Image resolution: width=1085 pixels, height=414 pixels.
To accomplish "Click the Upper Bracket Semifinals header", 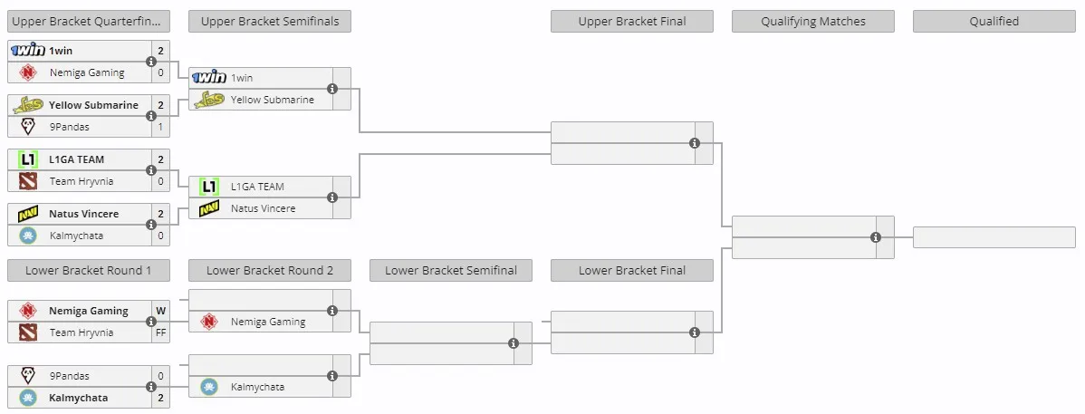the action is click(x=270, y=22).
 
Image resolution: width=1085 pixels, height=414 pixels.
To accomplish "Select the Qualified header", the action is click(x=994, y=22).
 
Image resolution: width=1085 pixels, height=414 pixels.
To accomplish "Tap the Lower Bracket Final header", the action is click(x=632, y=271).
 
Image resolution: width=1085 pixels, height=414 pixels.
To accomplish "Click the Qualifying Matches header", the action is click(x=813, y=22).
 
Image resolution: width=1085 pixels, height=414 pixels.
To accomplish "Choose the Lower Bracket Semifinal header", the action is click(x=450, y=271).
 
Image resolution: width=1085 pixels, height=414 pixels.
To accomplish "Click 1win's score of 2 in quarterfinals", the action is click(x=160, y=52).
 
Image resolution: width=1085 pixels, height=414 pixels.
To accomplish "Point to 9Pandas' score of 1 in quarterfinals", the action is click(x=160, y=128).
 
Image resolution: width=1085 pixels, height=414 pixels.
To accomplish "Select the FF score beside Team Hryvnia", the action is click(x=160, y=332).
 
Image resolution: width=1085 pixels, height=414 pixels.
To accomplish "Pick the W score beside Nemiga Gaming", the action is click(x=160, y=311).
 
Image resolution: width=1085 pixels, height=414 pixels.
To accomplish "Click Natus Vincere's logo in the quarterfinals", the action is click(x=28, y=215).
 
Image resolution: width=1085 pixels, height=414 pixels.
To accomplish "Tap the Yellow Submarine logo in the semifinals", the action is click(x=209, y=100).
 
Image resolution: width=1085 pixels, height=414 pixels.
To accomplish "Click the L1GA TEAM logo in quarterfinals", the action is click(x=28, y=160).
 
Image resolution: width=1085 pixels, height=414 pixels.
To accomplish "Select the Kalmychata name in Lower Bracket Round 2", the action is click(x=257, y=387).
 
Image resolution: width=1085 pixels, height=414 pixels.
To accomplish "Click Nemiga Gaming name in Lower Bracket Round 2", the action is click(x=268, y=322).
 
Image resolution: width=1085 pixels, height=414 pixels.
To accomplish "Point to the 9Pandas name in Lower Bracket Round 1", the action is click(x=69, y=377).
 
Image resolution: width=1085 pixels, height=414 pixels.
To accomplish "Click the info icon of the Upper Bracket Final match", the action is click(x=695, y=143).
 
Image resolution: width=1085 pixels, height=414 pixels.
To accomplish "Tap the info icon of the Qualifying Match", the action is click(x=875, y=237).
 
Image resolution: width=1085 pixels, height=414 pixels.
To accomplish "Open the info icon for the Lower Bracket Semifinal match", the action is click(x=514, y=343).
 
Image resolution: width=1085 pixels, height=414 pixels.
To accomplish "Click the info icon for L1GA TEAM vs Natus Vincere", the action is click(x=332, y=197).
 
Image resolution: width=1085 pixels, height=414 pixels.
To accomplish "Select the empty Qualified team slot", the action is click(x=994, y=237).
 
